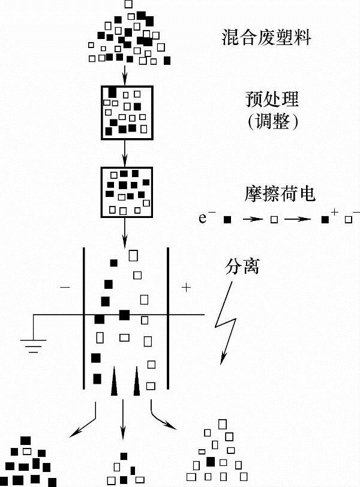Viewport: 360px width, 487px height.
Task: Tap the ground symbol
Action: pyautogui.click(x=34, y=345)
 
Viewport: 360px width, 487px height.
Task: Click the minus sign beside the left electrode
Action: pyautogui.click(x=65, y=288)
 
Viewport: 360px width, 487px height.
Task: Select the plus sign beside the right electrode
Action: pyautogui.click(x=185, y=288)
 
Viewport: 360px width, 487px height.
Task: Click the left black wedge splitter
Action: pyautogui.click(x=114, y=383)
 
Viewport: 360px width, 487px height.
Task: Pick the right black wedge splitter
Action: pyautogui.click(x=137, y=383)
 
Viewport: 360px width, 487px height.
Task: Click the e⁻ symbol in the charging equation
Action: pyautogui.click(x=207, y=217)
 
